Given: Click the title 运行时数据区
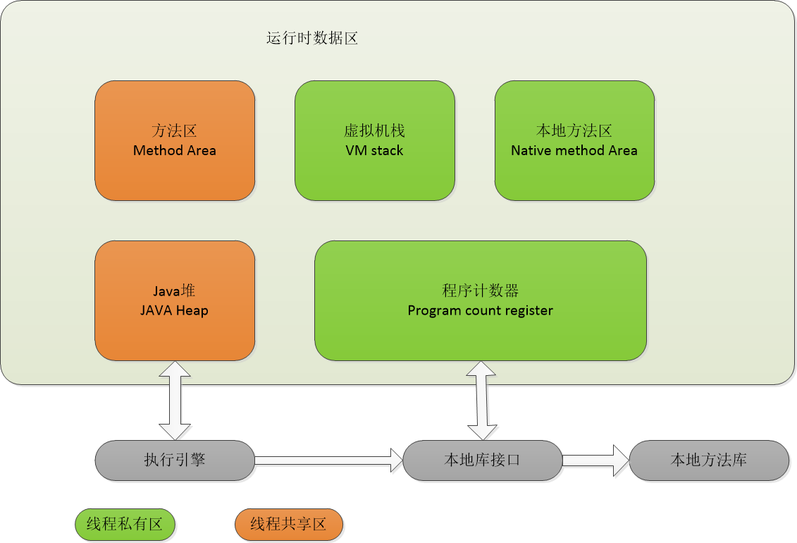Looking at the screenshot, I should pyautogui.click(x=312, y=39).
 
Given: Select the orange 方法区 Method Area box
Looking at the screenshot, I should pyautogui.click(x=175, y=140).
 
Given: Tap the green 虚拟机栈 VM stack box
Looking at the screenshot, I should pyautogui.click(x=375, y=140).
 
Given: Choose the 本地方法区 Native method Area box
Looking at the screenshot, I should pyautogui.click(x=574, y=140).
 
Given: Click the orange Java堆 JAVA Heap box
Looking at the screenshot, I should pyautogui.click(x=175, y=300).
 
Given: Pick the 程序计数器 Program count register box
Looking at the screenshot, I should pyautogui.click(x=481, y=300).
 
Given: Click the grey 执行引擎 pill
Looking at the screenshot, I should pyautogui.click(x=175, y=460).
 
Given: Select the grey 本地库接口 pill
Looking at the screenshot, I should pyautogui.click(x=482, y=460).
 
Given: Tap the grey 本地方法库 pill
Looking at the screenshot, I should pyautogui.click(x=709, y=460).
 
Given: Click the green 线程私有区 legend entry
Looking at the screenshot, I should pyautogui.click(x=125, y=525).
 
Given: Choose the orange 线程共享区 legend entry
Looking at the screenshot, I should pyautogui.click(x=289, y=525).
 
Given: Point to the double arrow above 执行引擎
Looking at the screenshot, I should pyautogui.click(x=175, y=401).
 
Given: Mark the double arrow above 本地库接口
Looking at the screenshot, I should pyautogui.click(x=482, y=401).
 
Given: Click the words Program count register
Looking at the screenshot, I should pyautogui.click(x=481, y=311).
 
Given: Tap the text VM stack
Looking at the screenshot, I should pyautogui.click(x=375, y=151).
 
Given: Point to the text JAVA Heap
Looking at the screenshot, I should pyautogui.click(x=175, y=311).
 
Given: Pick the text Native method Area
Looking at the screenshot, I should pyautogui.click(x=574, y=151).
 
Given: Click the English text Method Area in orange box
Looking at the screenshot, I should pyautogui.click(x=175, y=151).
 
